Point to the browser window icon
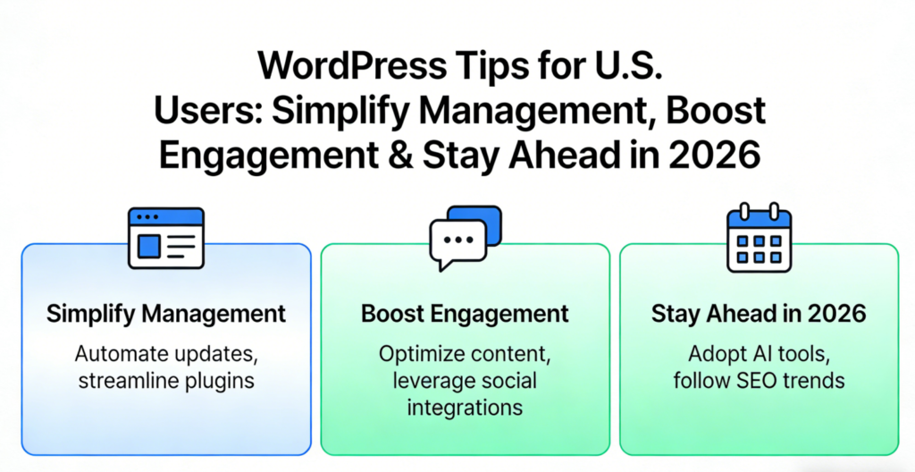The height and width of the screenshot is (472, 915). tap(166, 239)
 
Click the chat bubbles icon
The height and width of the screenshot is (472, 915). tap(465, 238)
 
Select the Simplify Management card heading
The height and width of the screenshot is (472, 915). tap(166, 314)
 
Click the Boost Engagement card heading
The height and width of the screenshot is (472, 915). tap(465, 314)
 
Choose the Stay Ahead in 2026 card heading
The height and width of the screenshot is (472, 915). tap(759, 314)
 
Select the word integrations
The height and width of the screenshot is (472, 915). tap(465, 407)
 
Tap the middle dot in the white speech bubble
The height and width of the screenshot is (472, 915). tap(457, 240)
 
